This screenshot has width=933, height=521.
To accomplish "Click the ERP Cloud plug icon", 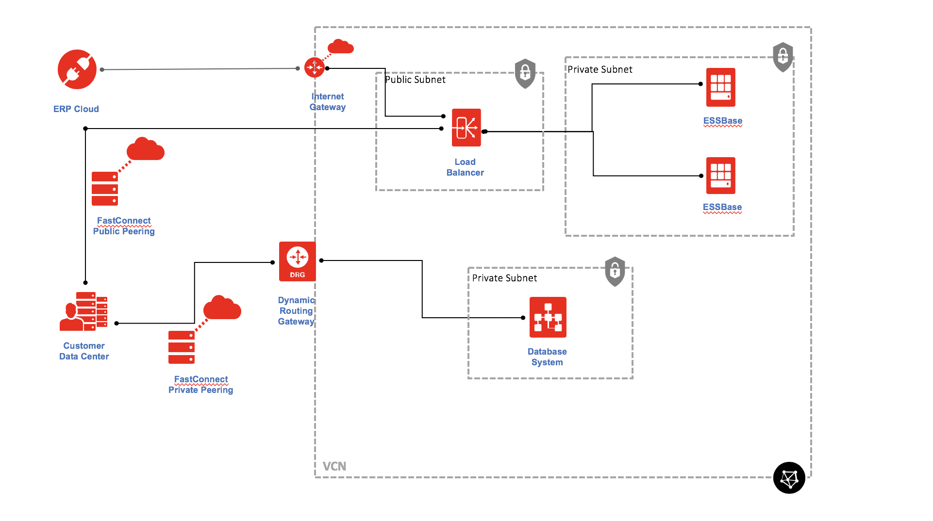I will (77, 69).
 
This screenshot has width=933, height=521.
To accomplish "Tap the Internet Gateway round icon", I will (314, 67).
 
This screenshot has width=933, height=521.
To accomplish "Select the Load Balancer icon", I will (466, 128).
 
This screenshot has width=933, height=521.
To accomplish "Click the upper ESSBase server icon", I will (720, 87).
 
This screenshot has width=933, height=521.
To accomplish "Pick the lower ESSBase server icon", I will (720, 176).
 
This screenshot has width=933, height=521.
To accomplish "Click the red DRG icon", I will (297, 261).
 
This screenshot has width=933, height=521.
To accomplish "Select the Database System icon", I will (548, 317).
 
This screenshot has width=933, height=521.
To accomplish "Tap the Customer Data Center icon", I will (83, 311).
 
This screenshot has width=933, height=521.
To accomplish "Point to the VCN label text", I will (334, 466).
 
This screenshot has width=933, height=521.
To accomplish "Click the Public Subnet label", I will (415, 80).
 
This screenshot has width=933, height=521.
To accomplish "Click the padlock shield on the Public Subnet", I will (525, 74).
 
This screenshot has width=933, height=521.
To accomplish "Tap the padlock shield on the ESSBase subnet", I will (783, 57).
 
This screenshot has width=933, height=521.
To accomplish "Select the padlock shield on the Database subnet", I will (615, 271).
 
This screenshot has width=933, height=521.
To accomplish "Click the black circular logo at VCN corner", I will (789, 478).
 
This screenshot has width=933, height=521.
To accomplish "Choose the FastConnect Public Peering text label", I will (124, 226).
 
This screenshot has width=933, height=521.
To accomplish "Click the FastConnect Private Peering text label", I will (200, 385).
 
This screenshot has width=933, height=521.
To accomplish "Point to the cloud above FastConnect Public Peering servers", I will (145, 149).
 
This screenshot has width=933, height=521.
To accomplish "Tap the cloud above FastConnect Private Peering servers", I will (222, 308).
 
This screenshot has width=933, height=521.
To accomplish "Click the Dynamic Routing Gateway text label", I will (296, 311).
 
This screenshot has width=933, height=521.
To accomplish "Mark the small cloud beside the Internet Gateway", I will (340, 47).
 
